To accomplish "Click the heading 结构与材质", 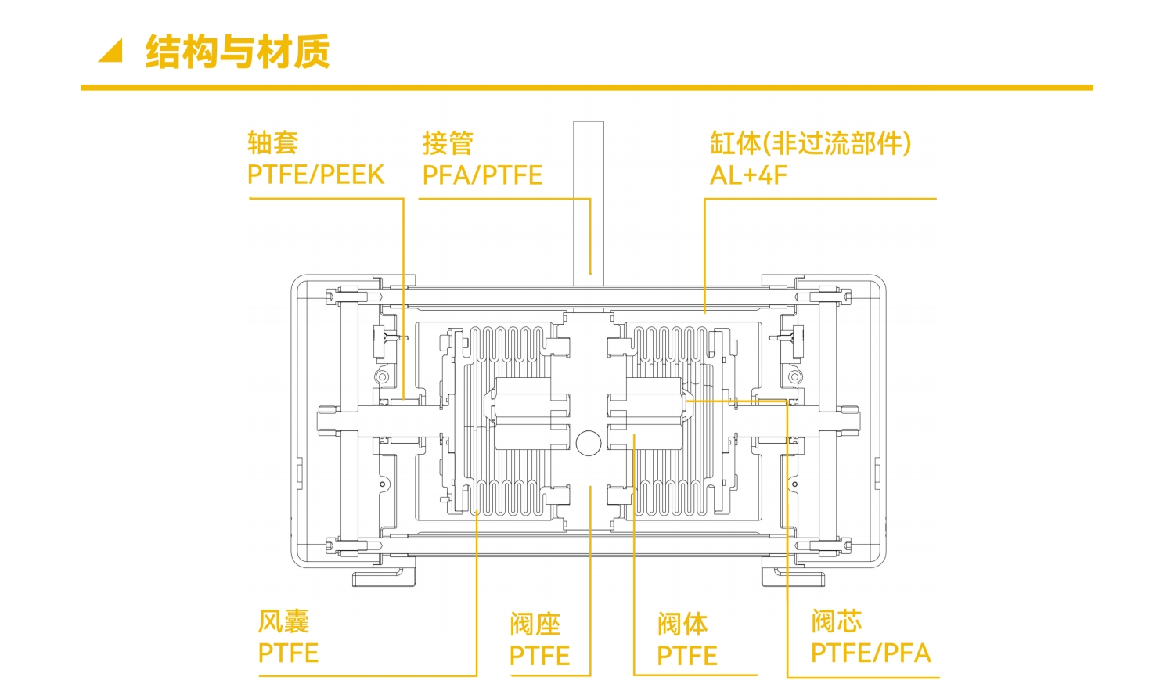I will coord(237,52).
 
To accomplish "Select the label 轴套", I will coord(272,143).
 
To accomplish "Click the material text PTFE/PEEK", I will coord(315,175).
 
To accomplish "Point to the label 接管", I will coord(448,143).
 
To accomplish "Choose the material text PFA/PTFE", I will coord(482,175).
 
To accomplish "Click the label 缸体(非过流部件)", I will coord(810,143).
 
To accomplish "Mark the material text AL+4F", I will coord(748,175).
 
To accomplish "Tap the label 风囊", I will coord(283,621).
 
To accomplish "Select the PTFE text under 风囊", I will coord(288,653).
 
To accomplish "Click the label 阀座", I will coord(535,624).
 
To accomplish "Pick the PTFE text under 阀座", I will coord(539,656).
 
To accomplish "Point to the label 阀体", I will coord(682,624).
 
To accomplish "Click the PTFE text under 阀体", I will coord(686,656).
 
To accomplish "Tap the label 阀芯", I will coord(836,621).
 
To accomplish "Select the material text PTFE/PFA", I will coord(870,653).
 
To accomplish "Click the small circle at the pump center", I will coord(589,443).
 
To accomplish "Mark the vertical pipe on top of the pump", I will coord(589,200).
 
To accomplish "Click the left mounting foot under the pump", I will coord(384,578).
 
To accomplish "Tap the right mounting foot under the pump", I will coord(794,578).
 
